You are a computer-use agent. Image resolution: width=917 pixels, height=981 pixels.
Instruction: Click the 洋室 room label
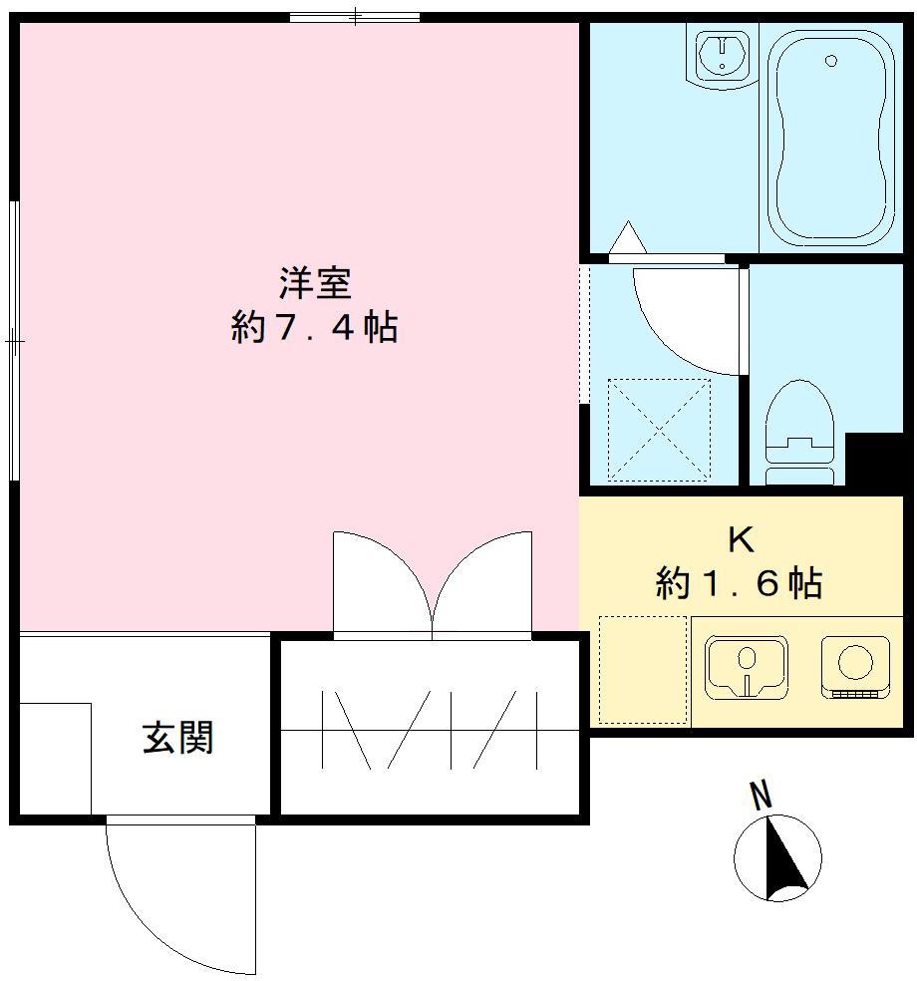tap(314, 284)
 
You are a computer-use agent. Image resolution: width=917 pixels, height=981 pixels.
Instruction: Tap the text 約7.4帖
tap(314, 327)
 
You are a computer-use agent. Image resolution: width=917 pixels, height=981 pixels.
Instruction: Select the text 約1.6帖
tap(739, 582)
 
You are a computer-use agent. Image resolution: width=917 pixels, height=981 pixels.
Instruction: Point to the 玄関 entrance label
tap(178, 738)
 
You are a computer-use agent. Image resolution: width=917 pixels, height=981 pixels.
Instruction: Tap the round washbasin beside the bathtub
tap(721, 55)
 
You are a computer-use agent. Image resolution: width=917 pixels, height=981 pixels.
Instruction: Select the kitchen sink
tap(746, 665)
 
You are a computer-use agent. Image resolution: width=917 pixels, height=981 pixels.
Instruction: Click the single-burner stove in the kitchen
tap(854, 665)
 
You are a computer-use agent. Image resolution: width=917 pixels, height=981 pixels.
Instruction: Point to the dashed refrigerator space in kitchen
tap(643, 670)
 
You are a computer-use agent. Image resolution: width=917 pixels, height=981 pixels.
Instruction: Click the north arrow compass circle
tap(777, 857)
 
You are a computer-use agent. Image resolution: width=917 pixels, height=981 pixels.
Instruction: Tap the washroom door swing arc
tap(688, 319)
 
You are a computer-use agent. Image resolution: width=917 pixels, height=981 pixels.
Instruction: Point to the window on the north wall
tap(354, 17)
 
